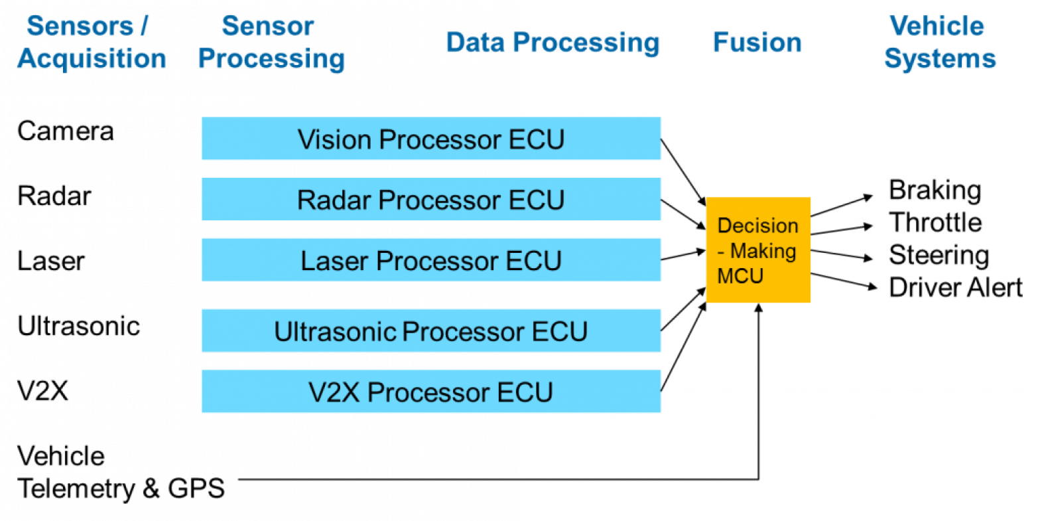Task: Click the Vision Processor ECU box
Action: [x=430, y=139]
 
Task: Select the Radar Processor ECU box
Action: [x=430, y=199]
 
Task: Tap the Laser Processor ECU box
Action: [x=430, y=260]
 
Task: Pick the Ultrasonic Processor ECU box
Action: [x=430, y=331]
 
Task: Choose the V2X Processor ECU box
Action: [x=430, y=392]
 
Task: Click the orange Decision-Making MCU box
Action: [x=758, y=250]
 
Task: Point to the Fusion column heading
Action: [x=757, y=43]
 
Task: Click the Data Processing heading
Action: [x=552, y=43]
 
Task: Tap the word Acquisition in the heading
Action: [x=92, y=58]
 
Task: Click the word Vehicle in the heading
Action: [x=937, y=27]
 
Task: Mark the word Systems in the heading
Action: [x=940, y=58]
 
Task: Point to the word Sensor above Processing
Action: [x=267, y=27]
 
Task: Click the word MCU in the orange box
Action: [x=740, y=275]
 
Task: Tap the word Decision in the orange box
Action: [x=757, y=226]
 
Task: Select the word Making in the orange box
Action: [x=763, y=251]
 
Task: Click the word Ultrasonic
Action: [x=336, y=331]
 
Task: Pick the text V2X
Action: [x=334, y=392]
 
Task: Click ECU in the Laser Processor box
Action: [x=534, y=260]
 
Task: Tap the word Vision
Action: [x=334, y=139]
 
